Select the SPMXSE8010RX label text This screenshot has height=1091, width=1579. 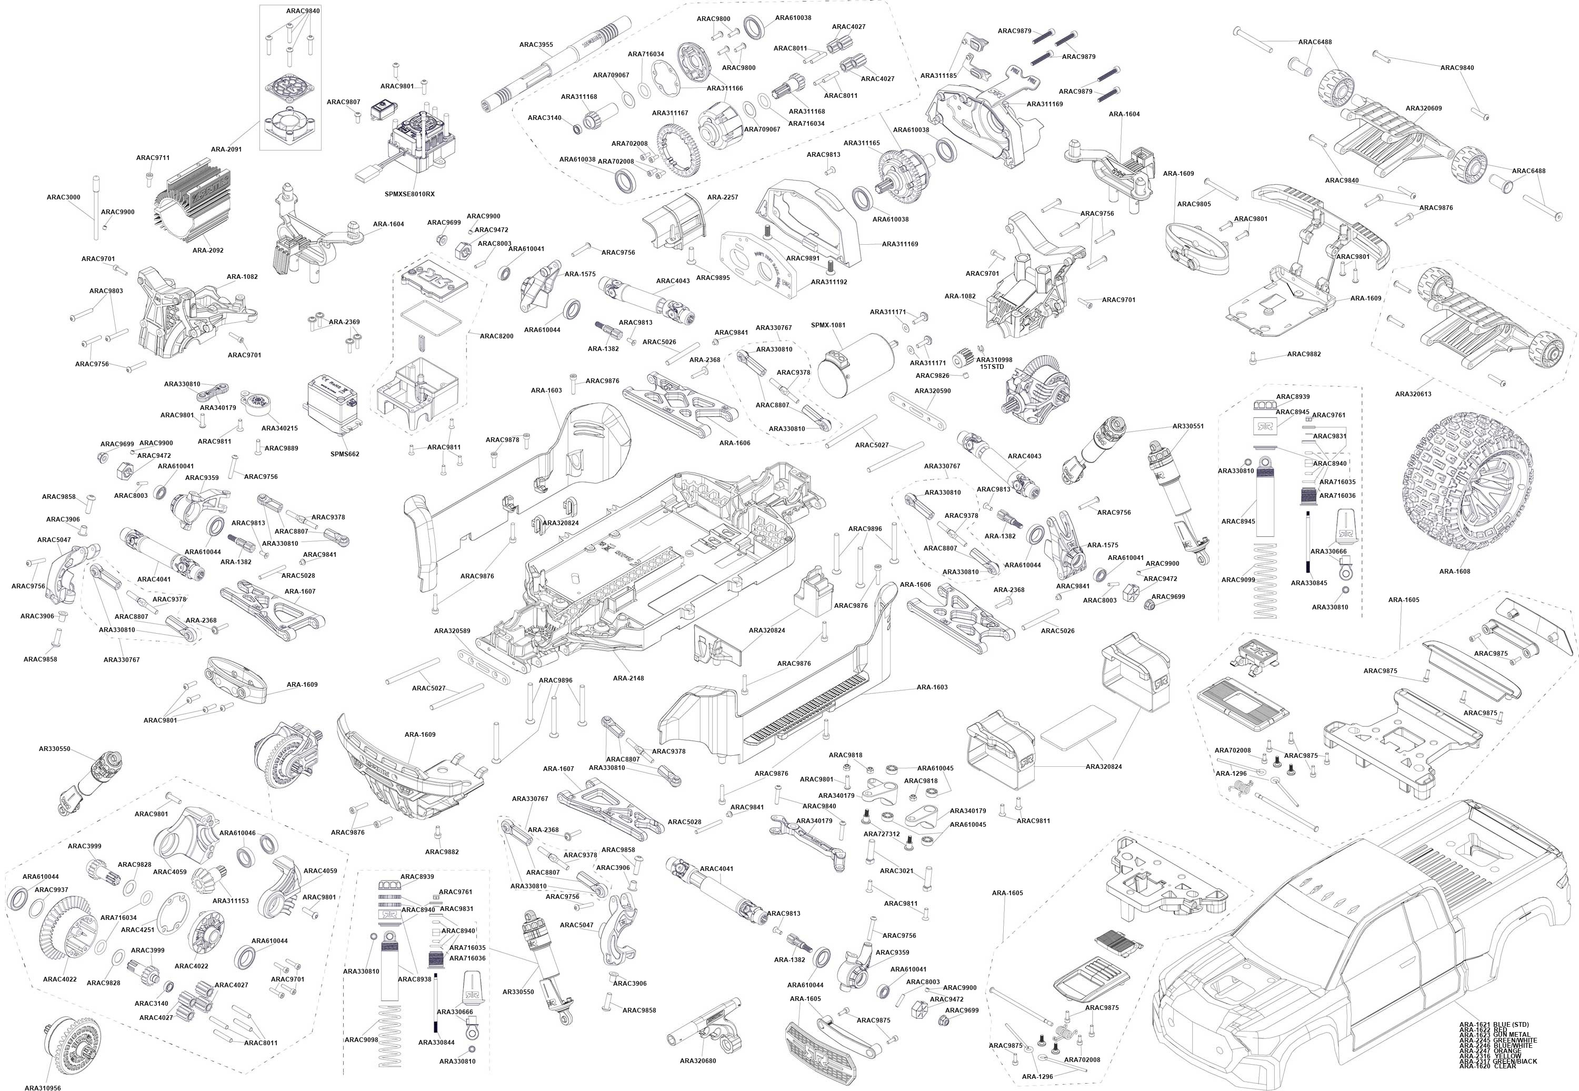[x=409, y=194]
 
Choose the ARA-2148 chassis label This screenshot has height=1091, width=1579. [x=628, y=678]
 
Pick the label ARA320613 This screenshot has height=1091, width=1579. [x=1413, y=394]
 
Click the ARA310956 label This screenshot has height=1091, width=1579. [x=43, y=1087]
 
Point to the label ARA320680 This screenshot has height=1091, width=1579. [x=698, y=1061]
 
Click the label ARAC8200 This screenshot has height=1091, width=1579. [x=496, y=336]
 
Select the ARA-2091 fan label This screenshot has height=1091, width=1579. [x=226, y=149]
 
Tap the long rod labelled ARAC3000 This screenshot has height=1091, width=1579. [x=96, y=208]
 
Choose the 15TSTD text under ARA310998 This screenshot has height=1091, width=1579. [x=992, y=367]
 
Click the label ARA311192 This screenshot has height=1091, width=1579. [x=829, y=282]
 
